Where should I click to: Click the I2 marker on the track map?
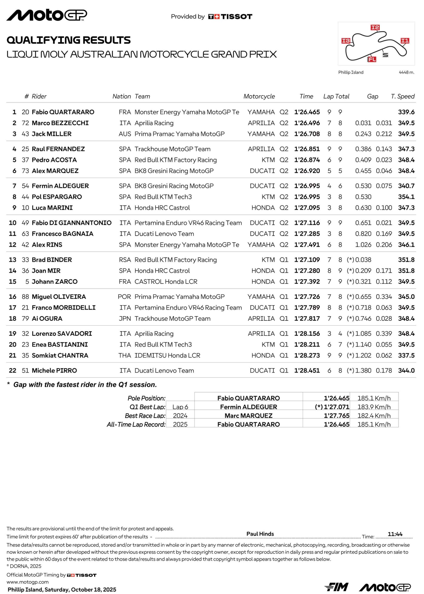pyautogui.click(x=375, y=27)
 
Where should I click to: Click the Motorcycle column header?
pyautogui.click(x=259, y=96)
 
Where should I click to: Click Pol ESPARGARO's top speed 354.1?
pyautogui.click(x=406, y=197)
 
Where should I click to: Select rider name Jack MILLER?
pyautogui.click(x=51, y=134)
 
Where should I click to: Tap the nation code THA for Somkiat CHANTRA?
pyautogui.click(x=125, y=355)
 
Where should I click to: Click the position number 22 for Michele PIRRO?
pyautogui.click(x=13, y=370)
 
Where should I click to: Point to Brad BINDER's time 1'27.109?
pyautogui.click(x=307, y=260)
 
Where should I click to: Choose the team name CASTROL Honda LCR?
pyautogui.click(x=166, y=281)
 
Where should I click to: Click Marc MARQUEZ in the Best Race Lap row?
pyautogui.click(x=248, y=416)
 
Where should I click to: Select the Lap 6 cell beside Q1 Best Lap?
pyautogui.click(x=180, y=407)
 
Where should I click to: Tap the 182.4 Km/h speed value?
pyautogui.click(x=374, y=416)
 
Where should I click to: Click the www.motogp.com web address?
pyautogui.click(x=28, y=582)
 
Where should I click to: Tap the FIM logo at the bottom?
pyautogui.click(x=336, y=587)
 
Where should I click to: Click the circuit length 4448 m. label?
pyautogui.click(x=406, y=72)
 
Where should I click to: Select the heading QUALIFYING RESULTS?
pyautogui.click(x=68, y=40)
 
